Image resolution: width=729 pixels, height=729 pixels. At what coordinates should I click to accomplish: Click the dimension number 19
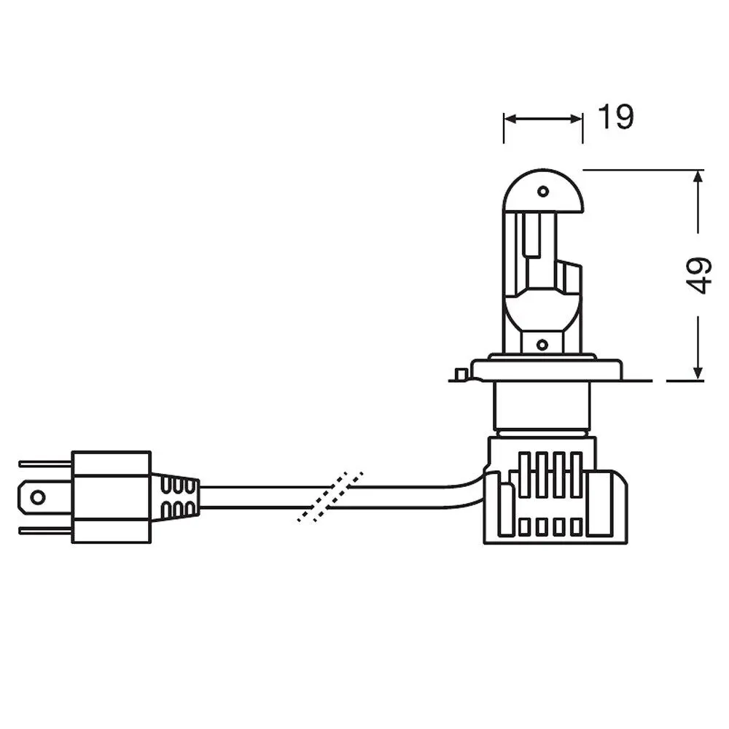pyautogui.click(x=615, y=117)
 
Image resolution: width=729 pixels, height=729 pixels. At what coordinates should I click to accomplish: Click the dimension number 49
pyautogui.click(x=699, y=276)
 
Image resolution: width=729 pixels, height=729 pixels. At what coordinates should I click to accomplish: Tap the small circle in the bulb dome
pyautogui.click(x=542, y=191)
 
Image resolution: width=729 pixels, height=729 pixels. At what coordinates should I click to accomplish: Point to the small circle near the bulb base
pyautogui.click(x=542, y=345)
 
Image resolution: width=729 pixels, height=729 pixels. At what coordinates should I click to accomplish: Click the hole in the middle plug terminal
pyautogui.click(x=38, y=497)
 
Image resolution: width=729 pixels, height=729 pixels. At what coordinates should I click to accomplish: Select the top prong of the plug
pyautogui.click(x=45, y=464)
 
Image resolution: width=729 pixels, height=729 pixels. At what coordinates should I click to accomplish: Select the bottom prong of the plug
pyautogui.click(x=45, y=531)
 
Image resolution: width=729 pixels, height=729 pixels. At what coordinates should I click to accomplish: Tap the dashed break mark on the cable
pyautogui.click(x=330, y=496)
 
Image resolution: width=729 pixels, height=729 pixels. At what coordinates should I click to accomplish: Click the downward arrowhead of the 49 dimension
pyautogui.click(x=698, y=373)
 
